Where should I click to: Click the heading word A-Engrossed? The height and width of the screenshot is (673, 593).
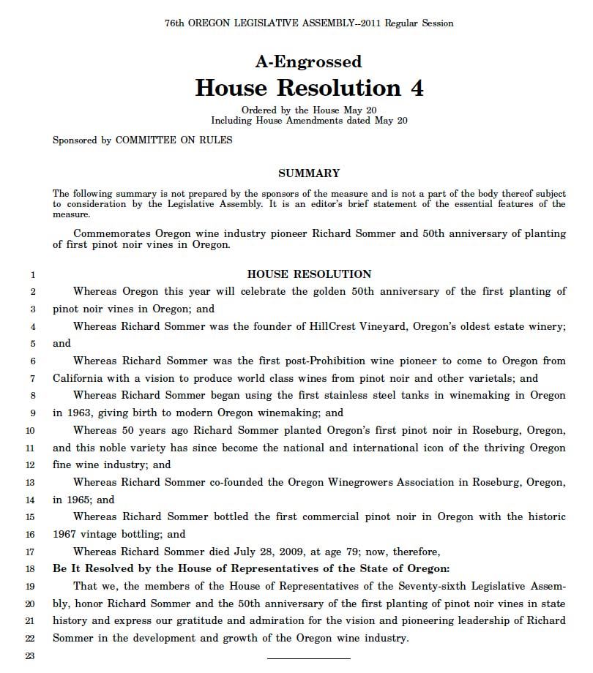click(x=308, y=61)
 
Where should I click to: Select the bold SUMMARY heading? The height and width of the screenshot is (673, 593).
click(x=309, y=173)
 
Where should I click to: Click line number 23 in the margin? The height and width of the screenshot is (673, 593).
click(x=30, y=655)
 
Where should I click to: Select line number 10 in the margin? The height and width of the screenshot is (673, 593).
click(x=30, y=430)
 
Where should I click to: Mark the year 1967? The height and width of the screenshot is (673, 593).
click(x=66, y=534)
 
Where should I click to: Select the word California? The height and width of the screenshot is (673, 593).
click(x=80, y=378)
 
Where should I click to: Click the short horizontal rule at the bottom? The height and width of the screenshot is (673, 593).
click(x=308, y=658)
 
